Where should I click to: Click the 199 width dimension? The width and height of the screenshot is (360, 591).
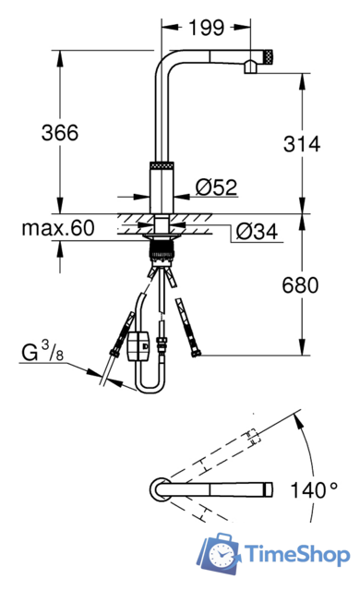click(206, 28)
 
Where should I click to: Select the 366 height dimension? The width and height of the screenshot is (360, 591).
click(60, 133)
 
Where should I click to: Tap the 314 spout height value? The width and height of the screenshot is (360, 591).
click(302, 144)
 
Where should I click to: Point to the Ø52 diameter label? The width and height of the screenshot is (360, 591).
click(217, 187)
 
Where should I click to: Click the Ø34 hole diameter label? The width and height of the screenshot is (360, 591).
click(257, 232)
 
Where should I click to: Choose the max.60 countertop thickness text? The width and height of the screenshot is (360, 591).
click(58, 228)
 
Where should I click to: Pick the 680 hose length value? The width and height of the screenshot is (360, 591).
click(300, 285)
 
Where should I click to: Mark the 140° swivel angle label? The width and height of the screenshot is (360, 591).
click(314, 490)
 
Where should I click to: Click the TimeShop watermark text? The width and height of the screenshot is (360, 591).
click(297, 555)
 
